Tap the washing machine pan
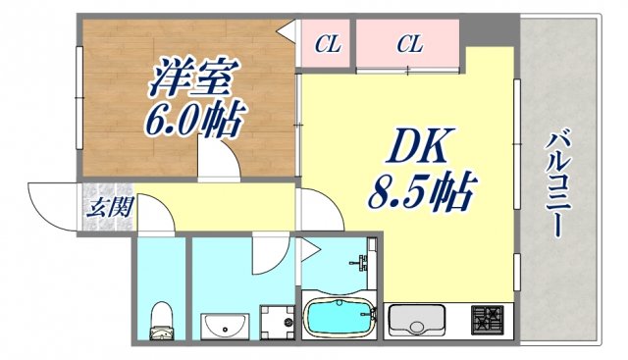[276, 321]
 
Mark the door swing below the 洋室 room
[217, 157]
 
